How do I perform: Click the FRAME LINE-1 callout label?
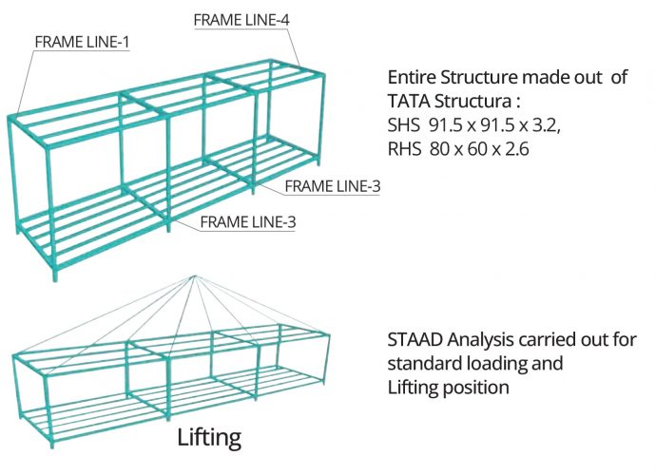coord(82,42)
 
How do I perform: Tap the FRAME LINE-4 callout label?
coord(241,19)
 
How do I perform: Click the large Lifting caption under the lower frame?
coord(209,437)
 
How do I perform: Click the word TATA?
coord(409,101)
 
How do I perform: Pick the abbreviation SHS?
coord(405,123)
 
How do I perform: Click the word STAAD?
coord(414,340)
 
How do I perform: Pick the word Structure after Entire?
coord(479,78)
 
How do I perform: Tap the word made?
coord(546,78)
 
